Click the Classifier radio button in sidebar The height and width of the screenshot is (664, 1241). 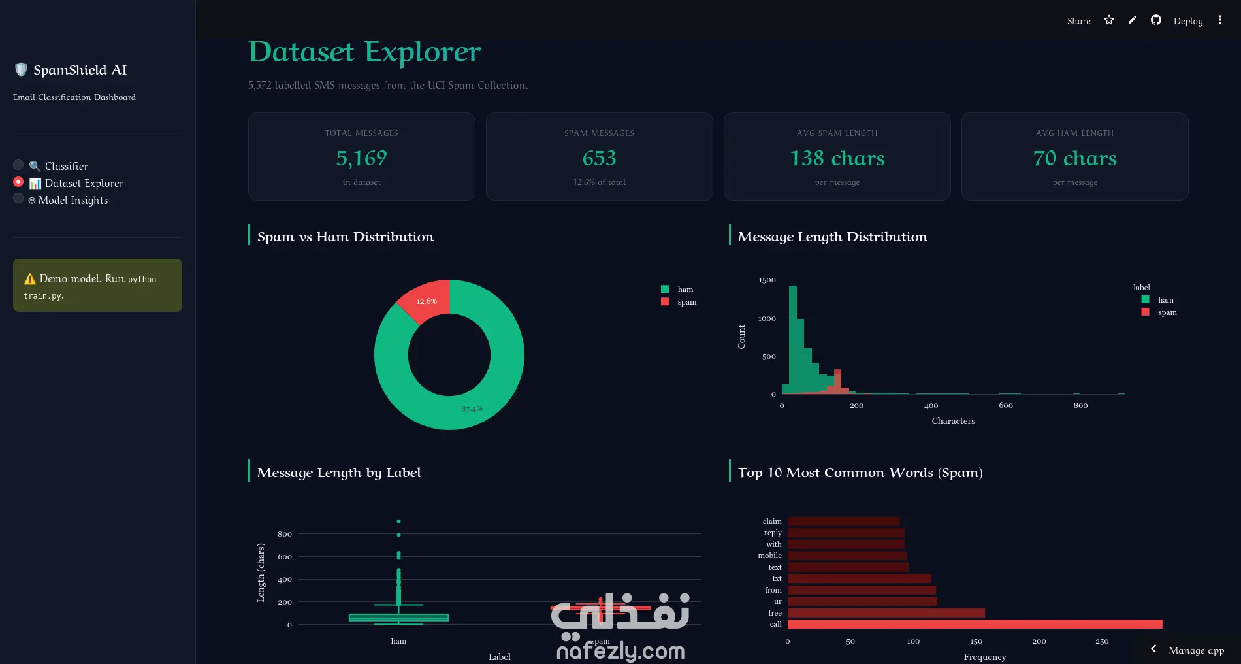tap(18, 165)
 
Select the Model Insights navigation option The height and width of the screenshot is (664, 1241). tap(68, 200)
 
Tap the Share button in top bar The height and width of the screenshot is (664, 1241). tap(1079, 21)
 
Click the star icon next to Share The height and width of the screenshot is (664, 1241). tap(1109, 20)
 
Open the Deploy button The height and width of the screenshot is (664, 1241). tap(1188, 21)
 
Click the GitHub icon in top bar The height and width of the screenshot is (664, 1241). tap(1156, 20)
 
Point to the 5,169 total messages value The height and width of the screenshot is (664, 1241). tap(362, 158)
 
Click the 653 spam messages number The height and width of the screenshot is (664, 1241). tap(600, 158)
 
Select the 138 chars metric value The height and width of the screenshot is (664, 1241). tap(837, 158)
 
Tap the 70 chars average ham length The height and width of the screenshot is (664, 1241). tap(1075, 158)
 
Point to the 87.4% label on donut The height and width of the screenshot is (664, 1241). tap(472, 408)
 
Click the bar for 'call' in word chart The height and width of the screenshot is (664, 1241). tap(975, 624)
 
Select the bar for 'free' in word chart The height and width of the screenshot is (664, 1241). tap(886, 613)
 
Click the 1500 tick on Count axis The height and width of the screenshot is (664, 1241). tap(767, 280)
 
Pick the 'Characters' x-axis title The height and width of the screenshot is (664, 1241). tap(953, 421)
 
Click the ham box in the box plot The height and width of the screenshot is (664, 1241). tap(398, 618)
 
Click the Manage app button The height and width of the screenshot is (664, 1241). tap(1188, 650)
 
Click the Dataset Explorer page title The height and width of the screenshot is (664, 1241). tap(364, 52)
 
